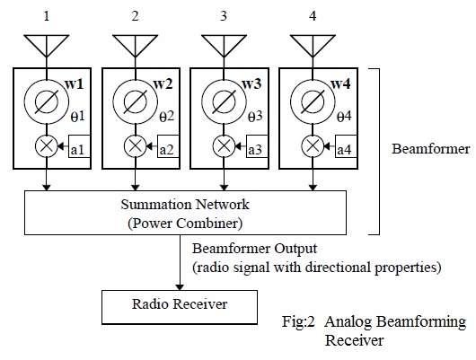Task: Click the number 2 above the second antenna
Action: click(135, 14)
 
